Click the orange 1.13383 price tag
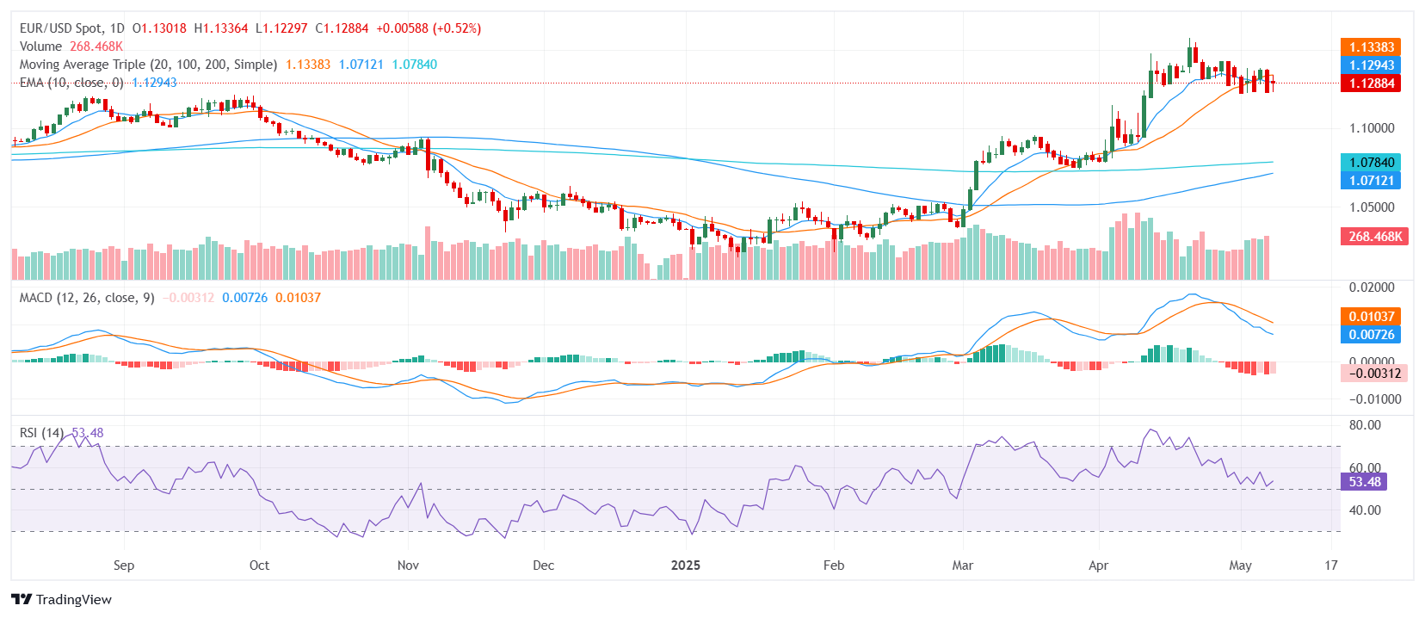tap(1371, 47)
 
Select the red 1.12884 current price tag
tap(1371, 83)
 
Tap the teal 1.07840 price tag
tap(1371, 163)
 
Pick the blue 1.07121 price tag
tap(1371, 181)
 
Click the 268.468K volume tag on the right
tap(1374, 237)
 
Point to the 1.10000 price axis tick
tap(1372, 128)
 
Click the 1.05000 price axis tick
tap(1372, 207)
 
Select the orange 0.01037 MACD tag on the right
tap(1371, 317)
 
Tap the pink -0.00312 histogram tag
tap(1374, 374)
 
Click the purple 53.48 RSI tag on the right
tap(1364, 482)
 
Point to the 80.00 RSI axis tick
tap(1365, 425)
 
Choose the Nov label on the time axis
tap(408, 565)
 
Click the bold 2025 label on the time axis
tap(686, 565)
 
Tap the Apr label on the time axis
tap(1098, 565)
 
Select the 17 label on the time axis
tap(1331, 565)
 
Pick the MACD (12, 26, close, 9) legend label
tap(87, 298)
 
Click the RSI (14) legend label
tap(41, 433)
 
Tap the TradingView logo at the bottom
tap(62, 600)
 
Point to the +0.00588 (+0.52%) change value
tap(429, 28)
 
